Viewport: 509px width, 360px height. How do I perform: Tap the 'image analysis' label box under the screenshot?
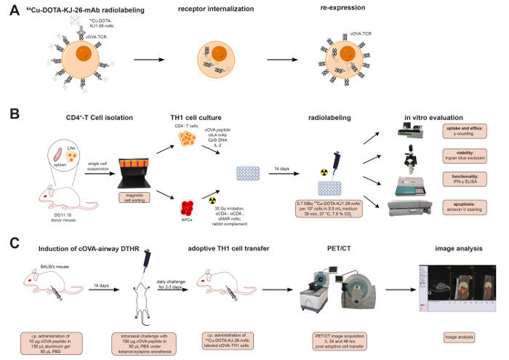(458, 337)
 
